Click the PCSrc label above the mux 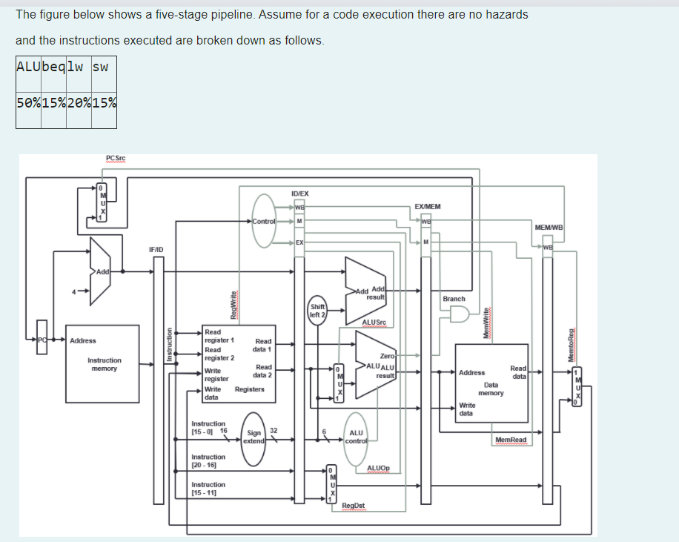pyautogui.click(x=116, y=158)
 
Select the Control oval pyautogui.click(x=264, y=221)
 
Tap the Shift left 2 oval pyautogui.click(x=317, y=310)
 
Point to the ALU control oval pyautogui.click(x=356, y=437)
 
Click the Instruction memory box pyautogui.click(x=104, y=363)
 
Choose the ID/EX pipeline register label pyautogui.click(x=299, y=194)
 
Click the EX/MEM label pyautogui.click(x=427, y=206)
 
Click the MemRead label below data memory pyautogui.click(x=511, y=440)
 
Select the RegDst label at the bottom pyautogui.click(x=354, y=506)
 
